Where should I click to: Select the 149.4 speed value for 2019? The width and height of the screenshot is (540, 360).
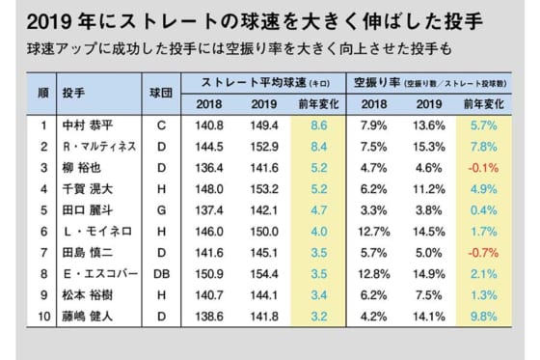tap(265, 125)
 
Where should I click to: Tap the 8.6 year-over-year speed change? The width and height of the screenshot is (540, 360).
tap(320, 125)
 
